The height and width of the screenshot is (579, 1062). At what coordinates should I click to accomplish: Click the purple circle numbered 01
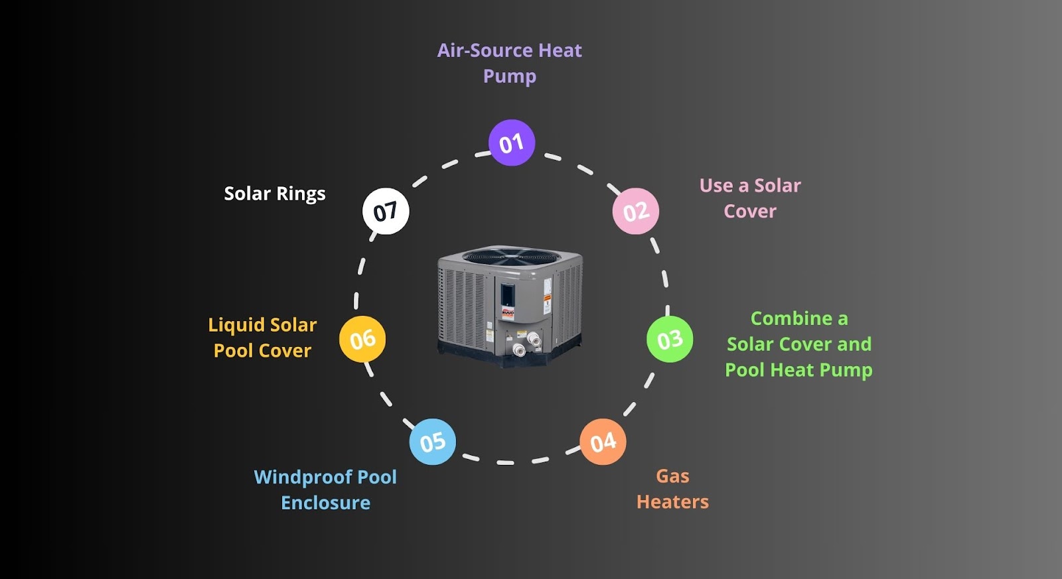[x=512, y=143]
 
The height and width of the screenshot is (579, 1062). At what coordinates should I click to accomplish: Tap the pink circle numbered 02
[x=635, y=211]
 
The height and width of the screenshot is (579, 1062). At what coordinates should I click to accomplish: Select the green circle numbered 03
[x=670, y=340]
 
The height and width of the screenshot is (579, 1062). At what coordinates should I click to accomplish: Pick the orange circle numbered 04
[x=603, y=442]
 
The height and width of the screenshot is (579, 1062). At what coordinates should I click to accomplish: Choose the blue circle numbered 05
[x=432, y=442]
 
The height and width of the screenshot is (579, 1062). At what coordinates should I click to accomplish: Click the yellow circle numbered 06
[x=362, y=340]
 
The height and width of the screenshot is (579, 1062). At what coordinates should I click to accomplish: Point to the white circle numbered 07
[x=386, y=212]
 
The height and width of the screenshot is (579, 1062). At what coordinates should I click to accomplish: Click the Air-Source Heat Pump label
[x=509, y=63]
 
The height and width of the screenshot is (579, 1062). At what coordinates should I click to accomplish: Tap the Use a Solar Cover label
[x=750, y=198]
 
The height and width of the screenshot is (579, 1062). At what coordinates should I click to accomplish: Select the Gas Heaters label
[x=672, y=489]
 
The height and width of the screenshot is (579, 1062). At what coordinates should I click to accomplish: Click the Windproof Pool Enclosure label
[x=325, y=489]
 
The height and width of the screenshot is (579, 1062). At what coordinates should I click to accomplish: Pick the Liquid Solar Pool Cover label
[x=262, y=338]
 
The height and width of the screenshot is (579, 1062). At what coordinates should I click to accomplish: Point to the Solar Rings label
[x=275, y=194]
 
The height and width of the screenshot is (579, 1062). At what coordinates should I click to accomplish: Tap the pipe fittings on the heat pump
[x=526, y=344]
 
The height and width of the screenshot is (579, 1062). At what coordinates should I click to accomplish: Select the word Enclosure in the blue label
[x=325, y=503]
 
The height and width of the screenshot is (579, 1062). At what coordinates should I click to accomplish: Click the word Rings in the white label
[x=301, y=194]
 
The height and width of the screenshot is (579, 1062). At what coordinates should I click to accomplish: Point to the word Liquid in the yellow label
[x=236, y=325]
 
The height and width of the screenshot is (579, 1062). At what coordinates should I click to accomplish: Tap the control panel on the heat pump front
[x=508, y=296]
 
